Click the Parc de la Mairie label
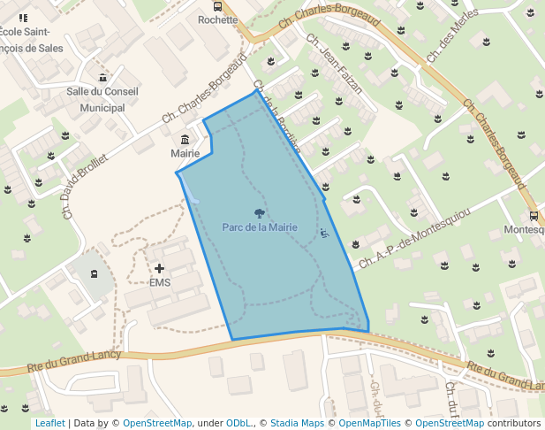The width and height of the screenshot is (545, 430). pyautogui.click(x=259, y=227)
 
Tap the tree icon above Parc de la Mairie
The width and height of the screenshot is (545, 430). pyautogui.click(x=259, y=213)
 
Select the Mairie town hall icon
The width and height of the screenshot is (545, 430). pyautogui.click(x=185, y=140)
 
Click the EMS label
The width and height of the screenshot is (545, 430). pyautogui.click(x=160, y=283)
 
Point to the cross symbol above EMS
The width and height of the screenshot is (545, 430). pyautogui.click(x=160, y=268)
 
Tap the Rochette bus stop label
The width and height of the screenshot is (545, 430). pyautogui.click(x=218, y=19)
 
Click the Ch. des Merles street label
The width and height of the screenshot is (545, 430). pyautogui.click(x=451, y=35)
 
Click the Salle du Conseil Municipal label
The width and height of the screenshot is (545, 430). pyautogui.click(x=102, y=99)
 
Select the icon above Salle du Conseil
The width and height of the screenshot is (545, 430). pyautogui.click(x=103, y=78)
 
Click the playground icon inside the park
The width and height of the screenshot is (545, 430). pyautogui.click(x=324, y=234)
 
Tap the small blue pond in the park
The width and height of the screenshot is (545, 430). pyautogui.click(x=193, y=198)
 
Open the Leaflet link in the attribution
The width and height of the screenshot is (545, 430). pyautogui.click(x=49, y=423)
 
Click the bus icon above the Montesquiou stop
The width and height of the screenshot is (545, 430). pyautogui.click(x=533, y=215)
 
